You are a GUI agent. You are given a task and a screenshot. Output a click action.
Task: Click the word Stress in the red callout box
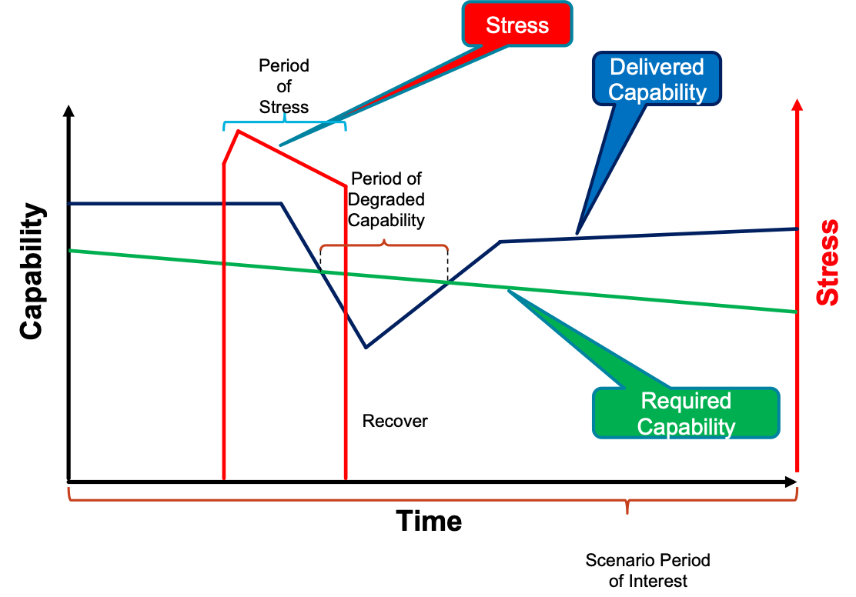click(517, 25)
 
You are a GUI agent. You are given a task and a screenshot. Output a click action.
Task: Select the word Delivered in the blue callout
click(657, 68)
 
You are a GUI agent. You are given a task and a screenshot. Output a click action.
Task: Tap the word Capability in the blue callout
click(657, 92)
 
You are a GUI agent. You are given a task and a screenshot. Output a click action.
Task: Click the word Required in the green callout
click(686, 401)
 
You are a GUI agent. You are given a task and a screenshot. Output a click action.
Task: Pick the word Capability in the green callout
click(686, 426)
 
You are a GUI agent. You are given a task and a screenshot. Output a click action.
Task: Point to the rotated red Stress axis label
click(828, 262)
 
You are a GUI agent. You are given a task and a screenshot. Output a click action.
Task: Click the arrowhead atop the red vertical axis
click(797, 105)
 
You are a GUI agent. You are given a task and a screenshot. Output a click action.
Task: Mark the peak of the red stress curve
click(239, 130)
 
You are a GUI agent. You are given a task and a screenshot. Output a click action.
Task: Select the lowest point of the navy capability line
click(366, 348)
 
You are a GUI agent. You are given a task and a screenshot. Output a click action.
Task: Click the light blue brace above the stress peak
click(285, 121)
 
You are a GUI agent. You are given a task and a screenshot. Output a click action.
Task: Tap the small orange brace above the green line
click(384, 245)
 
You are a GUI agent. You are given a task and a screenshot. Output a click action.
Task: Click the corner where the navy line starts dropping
click(282, 204)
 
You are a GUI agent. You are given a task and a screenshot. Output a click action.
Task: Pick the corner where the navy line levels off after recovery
click(502, 242)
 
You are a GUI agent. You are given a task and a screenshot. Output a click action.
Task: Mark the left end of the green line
click(70, 250)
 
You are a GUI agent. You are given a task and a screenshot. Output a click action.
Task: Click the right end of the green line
click(795, 312)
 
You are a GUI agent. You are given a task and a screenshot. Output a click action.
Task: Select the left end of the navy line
click(69, 204)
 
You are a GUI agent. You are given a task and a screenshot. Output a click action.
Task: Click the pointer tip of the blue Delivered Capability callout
click(577, 234)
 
